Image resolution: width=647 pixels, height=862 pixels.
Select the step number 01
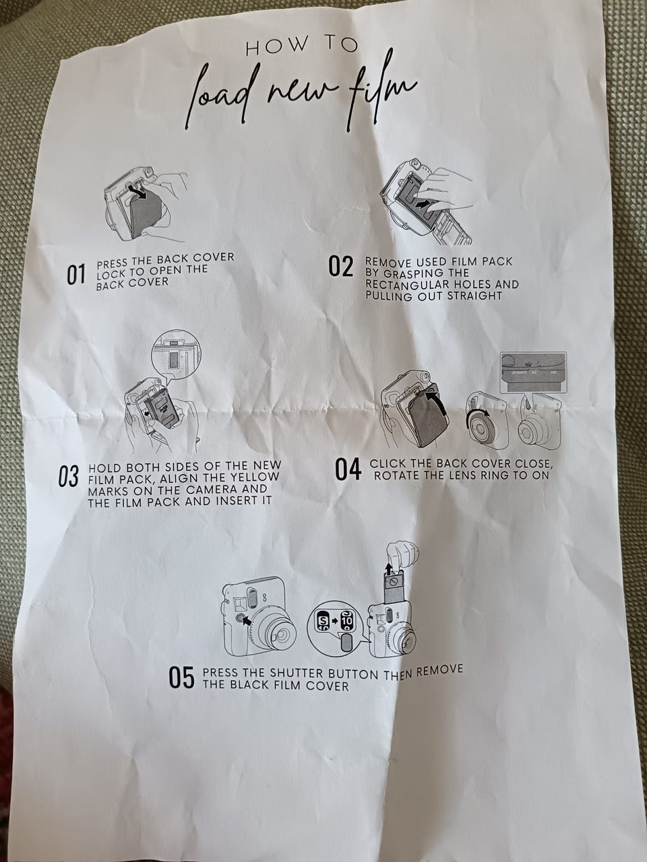pyautogui.click(x=75, y=275)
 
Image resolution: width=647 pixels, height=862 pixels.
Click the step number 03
pyautogui.click(x=68, y=476)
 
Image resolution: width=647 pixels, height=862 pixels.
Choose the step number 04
pyautogui.click(x=348, y=470)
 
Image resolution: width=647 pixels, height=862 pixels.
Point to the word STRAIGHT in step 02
pyautogui.click(x=474, y=296)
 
